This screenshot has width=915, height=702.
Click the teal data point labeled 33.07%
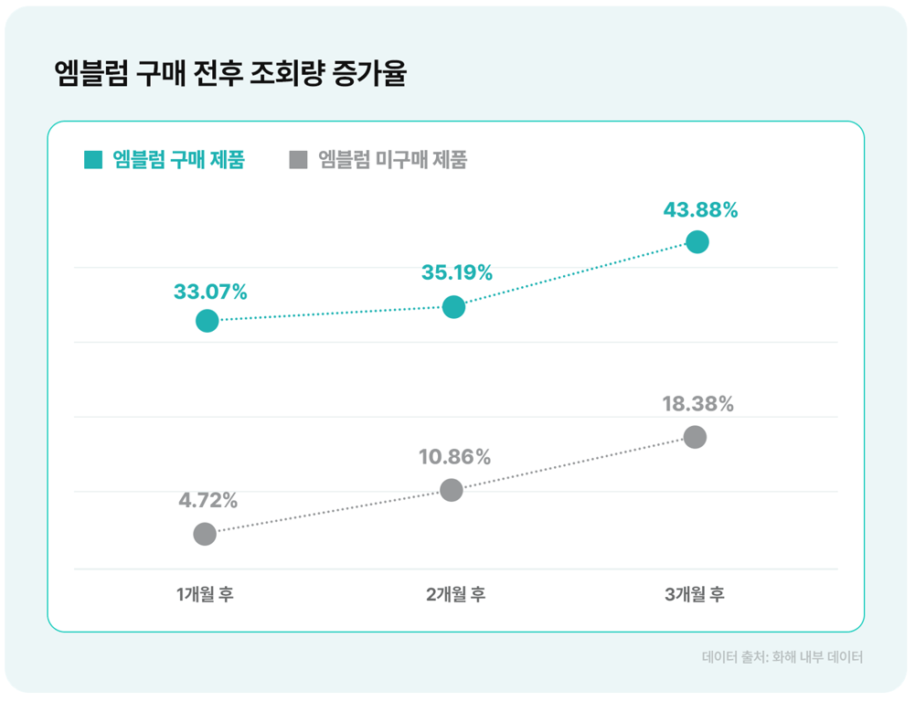tap(207, 321)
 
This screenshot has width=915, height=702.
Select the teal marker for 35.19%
tap(453, 307)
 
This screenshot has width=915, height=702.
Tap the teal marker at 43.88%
tap(697, 242)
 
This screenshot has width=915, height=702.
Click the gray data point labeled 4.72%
tap(205, 534)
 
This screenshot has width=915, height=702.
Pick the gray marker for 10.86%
tap(452, 490)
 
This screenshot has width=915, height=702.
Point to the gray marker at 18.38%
tap(696, 437)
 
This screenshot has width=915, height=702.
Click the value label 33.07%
tap(210, 292)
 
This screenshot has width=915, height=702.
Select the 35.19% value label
tap(457, 272)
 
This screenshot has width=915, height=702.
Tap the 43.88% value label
tap(700, 210)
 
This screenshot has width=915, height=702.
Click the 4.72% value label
tap(208, 500)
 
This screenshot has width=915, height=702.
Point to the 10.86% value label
tap(455, 456)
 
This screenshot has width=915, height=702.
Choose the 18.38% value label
tap(698, 403)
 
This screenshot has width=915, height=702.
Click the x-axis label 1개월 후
tap(206, 594)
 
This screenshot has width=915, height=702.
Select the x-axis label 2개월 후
tap(455, 594)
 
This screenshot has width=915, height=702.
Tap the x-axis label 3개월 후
tap(695, 594)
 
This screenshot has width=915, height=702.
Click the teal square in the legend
tap(93, 160)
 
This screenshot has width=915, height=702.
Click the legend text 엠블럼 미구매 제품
tap(392, 160)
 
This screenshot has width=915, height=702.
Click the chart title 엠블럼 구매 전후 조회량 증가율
tap(229, 74)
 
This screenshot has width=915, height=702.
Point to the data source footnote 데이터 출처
tap(782, 657)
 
